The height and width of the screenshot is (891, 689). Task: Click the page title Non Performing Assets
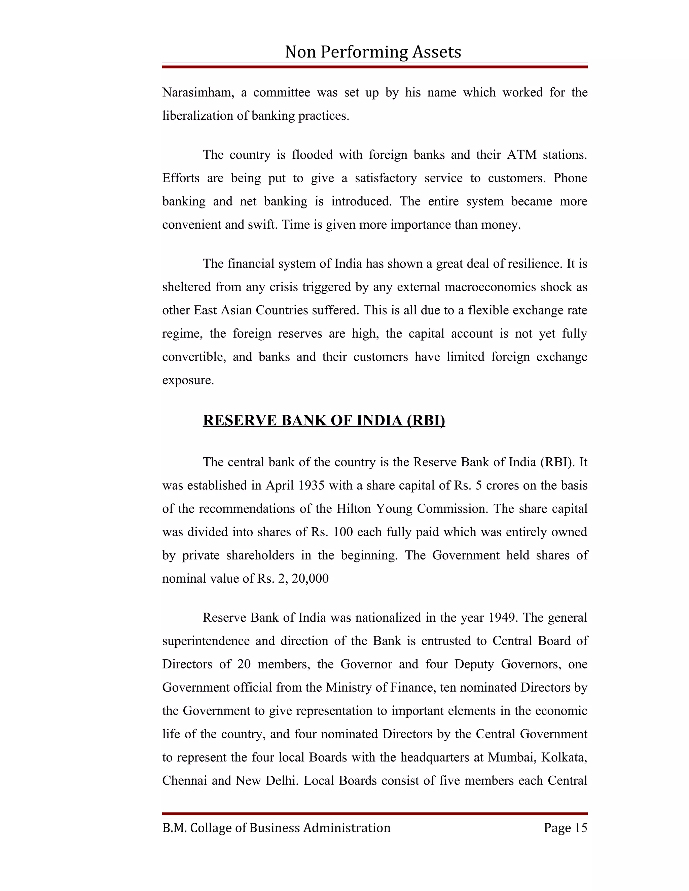point(373,52)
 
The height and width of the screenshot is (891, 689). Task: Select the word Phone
point(570,178)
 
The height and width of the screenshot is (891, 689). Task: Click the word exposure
point(188,380)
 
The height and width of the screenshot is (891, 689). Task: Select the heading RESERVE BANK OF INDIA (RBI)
point(324,421)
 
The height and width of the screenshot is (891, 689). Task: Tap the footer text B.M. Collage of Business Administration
point(276,828)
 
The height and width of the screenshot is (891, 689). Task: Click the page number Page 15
point(565,828)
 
